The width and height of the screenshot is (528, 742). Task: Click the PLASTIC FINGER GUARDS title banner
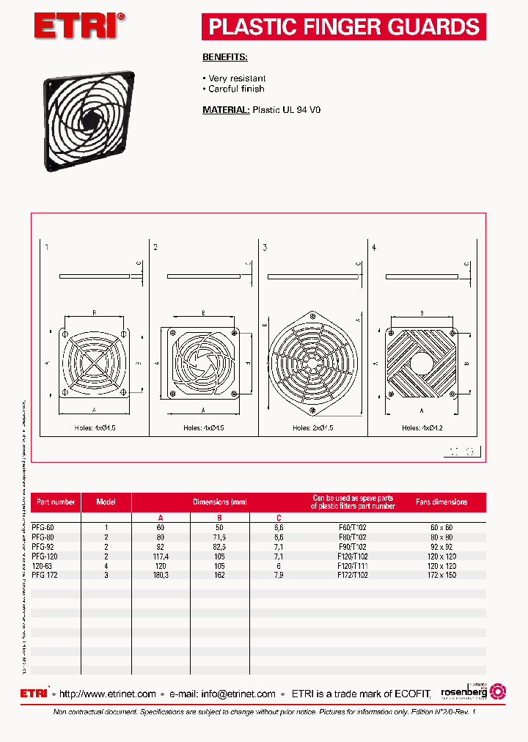343,27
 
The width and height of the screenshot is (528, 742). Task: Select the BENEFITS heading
224,56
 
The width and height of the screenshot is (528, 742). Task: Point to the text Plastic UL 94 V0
287,110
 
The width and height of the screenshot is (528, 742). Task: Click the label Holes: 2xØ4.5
312,427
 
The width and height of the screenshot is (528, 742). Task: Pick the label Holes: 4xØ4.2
421,427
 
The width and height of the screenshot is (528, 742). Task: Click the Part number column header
56,502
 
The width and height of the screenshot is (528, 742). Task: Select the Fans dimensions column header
441,502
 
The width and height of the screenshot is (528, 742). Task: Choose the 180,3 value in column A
161,575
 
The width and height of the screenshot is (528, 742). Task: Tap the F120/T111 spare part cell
352,565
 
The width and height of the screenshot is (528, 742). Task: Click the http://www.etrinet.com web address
107,694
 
